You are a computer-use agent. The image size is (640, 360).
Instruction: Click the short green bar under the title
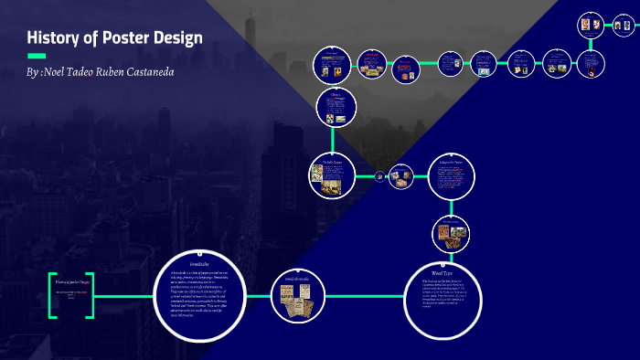37,56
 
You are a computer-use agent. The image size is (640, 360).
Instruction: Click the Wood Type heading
443,272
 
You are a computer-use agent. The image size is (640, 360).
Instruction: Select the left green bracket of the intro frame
51,294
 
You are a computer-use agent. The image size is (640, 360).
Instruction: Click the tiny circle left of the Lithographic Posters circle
379,176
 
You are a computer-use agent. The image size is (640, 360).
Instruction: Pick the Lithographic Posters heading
452,163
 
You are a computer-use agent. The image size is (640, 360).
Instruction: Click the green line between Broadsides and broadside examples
255,294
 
